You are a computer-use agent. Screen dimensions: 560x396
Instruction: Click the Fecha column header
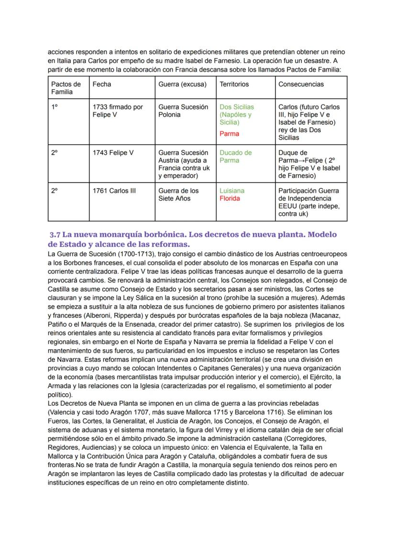tap(101, 84)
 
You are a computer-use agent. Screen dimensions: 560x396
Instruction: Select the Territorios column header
tap(234, 84)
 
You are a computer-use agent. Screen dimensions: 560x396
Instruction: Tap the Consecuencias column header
tap(301, 84)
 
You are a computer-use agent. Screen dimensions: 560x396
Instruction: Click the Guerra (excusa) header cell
tap(183, 84)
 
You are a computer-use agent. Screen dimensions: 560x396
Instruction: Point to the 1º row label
tap(55, 107)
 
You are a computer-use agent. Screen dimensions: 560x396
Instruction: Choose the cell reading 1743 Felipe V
tap(113, 153)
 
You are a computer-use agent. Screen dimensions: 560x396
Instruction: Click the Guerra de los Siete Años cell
tap(178, 194)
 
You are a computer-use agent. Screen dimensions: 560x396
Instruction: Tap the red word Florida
tap(230, 198)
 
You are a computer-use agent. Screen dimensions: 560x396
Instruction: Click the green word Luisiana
tap(232, 191)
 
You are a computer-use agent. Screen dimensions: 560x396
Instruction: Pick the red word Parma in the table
tap(229, 134)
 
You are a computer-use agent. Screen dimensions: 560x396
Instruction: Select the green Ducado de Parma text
tap(235, 157)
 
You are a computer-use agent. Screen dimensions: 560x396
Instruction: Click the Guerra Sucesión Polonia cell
tap(183, 111)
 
